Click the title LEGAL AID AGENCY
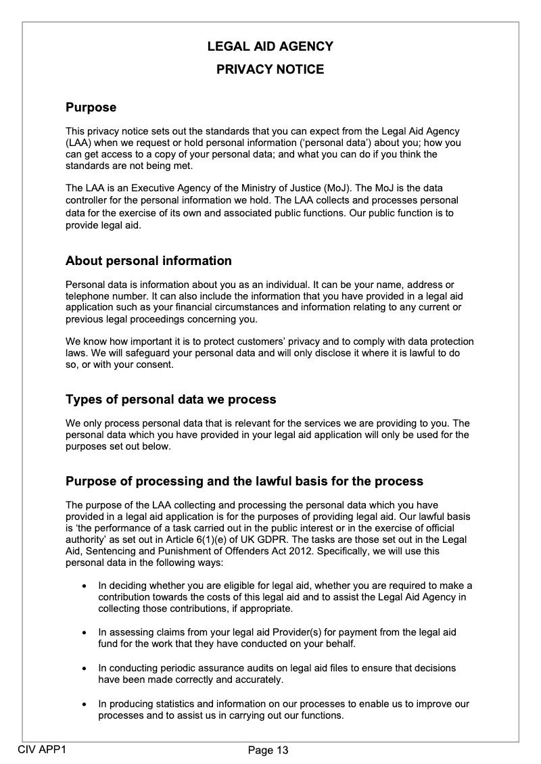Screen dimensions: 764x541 pyautogui.click(x=270, y=47)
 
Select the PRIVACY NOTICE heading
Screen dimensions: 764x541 pyautogui.click(x=270, y=70)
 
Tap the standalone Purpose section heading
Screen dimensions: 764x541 pyautogui.click(x=91, y=108)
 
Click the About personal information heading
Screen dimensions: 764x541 pyautogui.click(x=148, y=261)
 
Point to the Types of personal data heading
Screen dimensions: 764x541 pyautogui.click(x=170, y=400)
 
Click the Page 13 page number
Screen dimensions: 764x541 pyautogui.click(x=268, y=750)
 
